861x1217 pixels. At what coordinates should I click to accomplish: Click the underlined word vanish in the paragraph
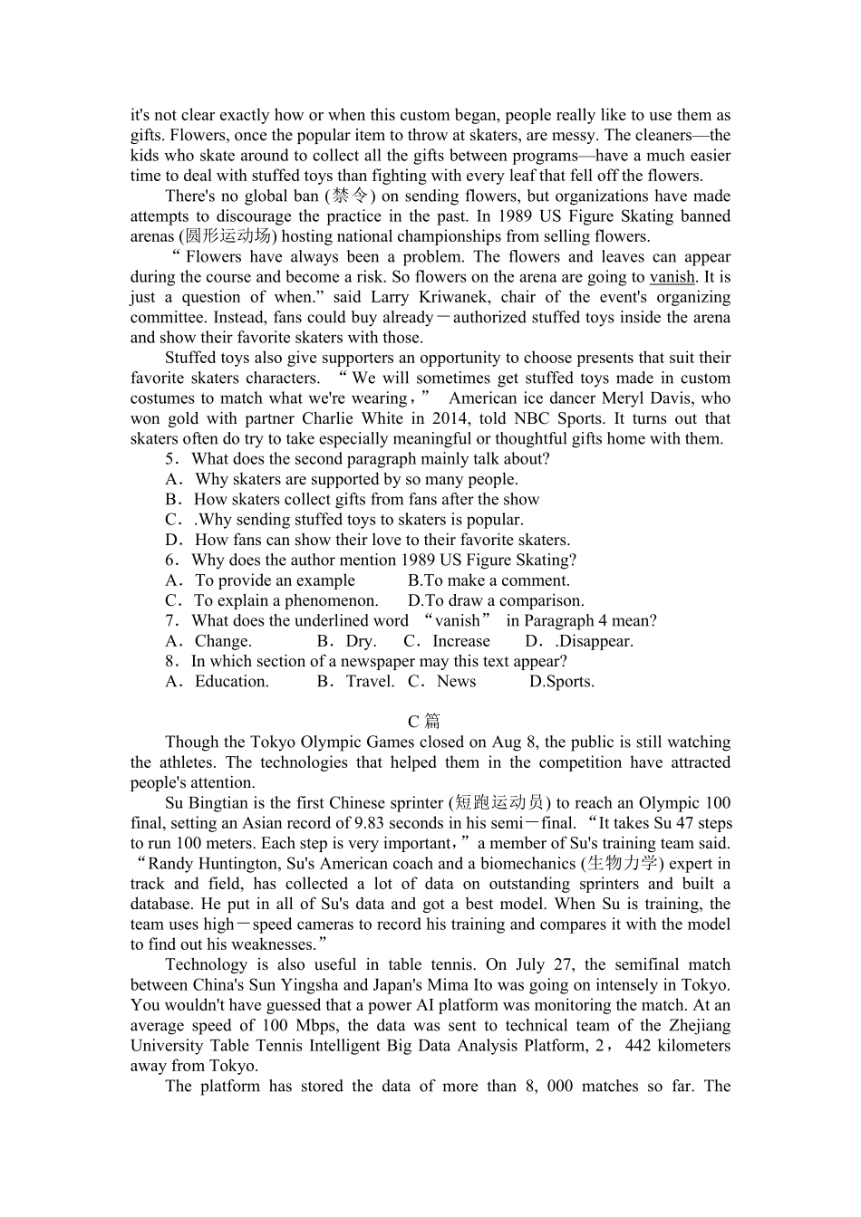672,277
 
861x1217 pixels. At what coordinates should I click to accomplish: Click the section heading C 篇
423,721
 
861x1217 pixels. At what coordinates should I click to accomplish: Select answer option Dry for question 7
360,641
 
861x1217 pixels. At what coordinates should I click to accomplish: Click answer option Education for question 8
231,682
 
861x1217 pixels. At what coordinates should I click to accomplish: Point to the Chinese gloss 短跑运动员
499,803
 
